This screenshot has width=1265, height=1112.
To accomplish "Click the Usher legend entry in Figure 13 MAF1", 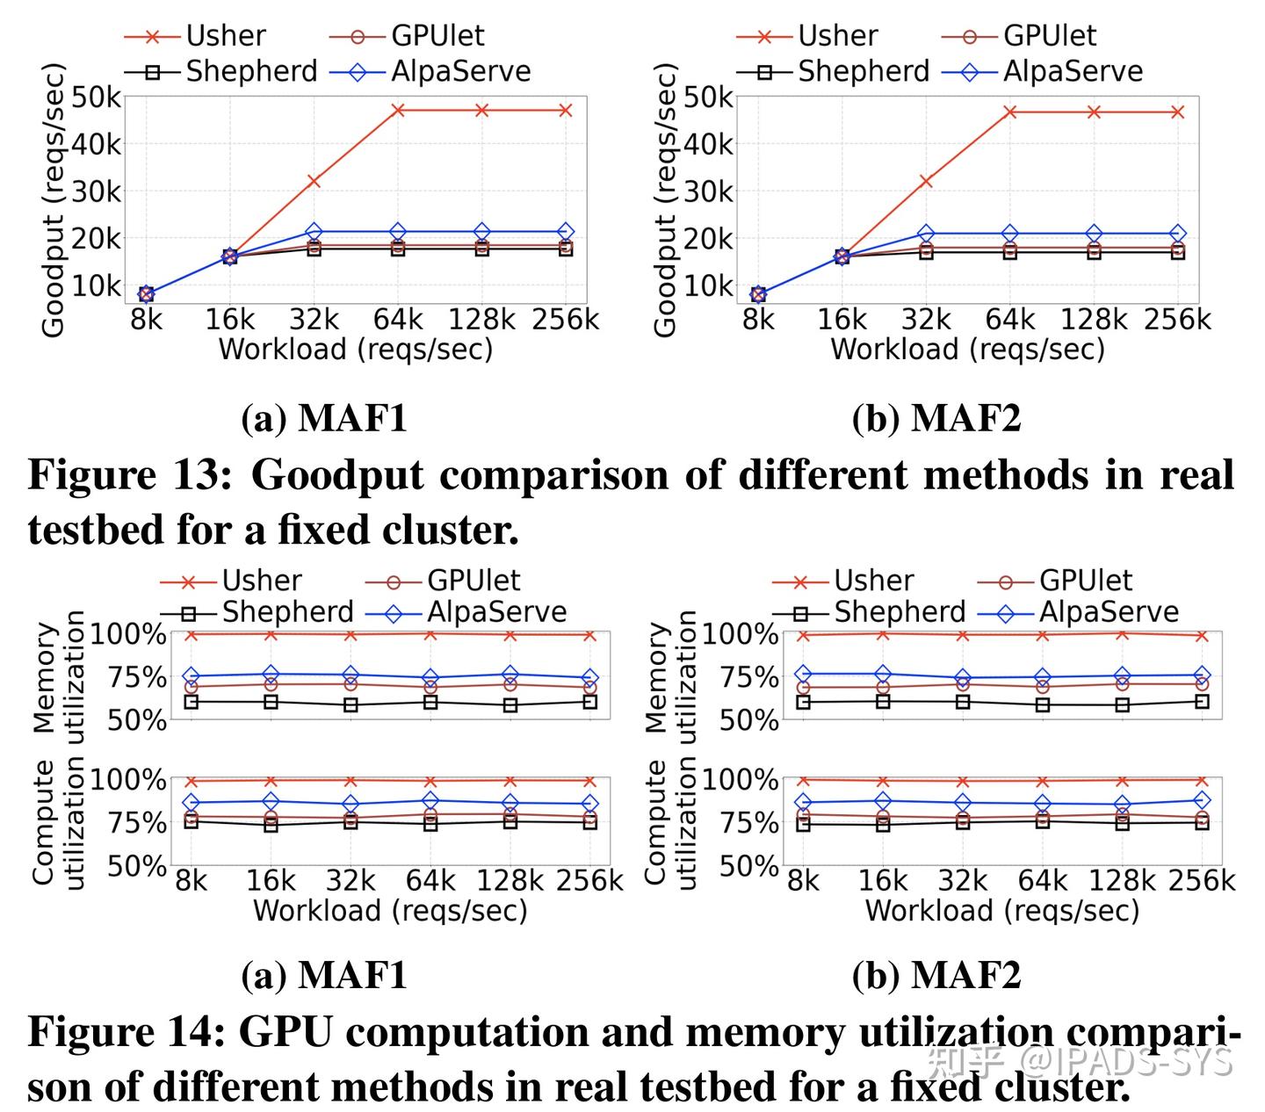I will (195, 36).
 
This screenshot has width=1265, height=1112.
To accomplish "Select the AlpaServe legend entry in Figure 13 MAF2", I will (1043, 71).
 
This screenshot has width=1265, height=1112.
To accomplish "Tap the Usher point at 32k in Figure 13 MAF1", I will (313, 181).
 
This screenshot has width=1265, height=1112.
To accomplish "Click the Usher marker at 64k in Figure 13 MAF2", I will (1010, 112).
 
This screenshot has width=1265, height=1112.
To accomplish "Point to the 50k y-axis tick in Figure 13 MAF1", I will (96, 97).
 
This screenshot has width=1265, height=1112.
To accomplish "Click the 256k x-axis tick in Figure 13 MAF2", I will (1177, 319).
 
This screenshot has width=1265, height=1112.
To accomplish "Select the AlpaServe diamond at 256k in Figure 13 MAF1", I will (566, 232).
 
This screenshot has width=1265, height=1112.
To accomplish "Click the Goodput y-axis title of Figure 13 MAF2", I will (666, 200).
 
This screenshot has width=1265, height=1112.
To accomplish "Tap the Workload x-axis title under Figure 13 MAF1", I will (355, 350).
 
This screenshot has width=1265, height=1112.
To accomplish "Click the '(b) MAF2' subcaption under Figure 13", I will (936, 418).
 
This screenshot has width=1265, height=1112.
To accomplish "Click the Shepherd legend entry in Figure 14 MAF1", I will (257, 612).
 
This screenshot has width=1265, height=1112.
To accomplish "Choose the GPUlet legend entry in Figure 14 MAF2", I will (1055, 581).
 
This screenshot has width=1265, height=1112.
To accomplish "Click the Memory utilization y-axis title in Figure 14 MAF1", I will (60, 676).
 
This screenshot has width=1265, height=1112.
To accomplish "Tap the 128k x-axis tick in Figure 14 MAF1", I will (510, 880).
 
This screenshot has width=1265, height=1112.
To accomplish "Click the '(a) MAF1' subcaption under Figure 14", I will (324, 975).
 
